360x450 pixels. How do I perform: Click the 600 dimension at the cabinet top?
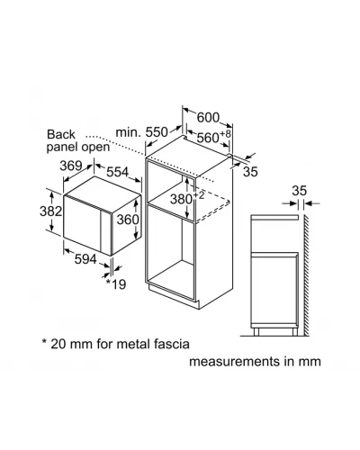[208, 117]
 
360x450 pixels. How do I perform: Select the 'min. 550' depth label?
[142, 132]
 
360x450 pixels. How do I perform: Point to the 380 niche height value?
[181, 199]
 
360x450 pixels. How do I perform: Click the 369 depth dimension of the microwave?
[71, 166]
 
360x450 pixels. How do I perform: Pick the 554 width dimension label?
[118, 172]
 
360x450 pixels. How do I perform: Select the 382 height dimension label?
[51, 211]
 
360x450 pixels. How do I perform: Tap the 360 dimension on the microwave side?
[128, 220]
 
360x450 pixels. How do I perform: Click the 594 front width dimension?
[85, 259]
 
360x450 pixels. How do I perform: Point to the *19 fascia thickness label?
[116, 284]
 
